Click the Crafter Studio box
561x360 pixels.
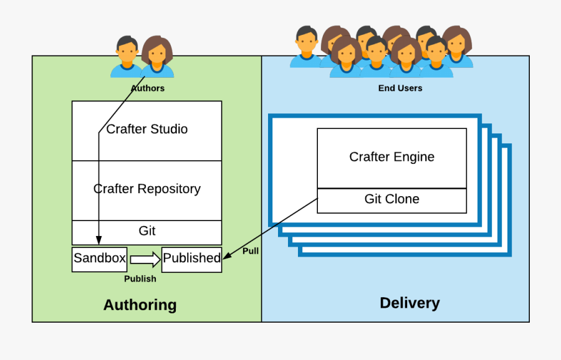point(147,130)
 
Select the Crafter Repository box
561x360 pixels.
point(147,189)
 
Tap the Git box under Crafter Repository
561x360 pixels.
point(147,231)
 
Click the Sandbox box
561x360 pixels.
point(100,258)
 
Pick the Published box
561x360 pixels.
point(191,258)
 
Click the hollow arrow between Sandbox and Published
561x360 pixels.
point(145,258)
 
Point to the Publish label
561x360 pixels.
point(140,278)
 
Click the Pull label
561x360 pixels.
point(251,251)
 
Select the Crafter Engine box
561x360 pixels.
point(391,157)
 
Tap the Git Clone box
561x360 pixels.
point(391,199)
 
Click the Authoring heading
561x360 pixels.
point(140,305)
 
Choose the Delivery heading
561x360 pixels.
point(410,303)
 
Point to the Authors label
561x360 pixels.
point(148,88)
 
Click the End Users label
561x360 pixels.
point(400,88)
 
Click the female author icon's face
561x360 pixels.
point(157,54)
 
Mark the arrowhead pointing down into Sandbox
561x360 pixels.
point(98,241)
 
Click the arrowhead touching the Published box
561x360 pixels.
point(227,255)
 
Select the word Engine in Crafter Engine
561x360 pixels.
point(415,157)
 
